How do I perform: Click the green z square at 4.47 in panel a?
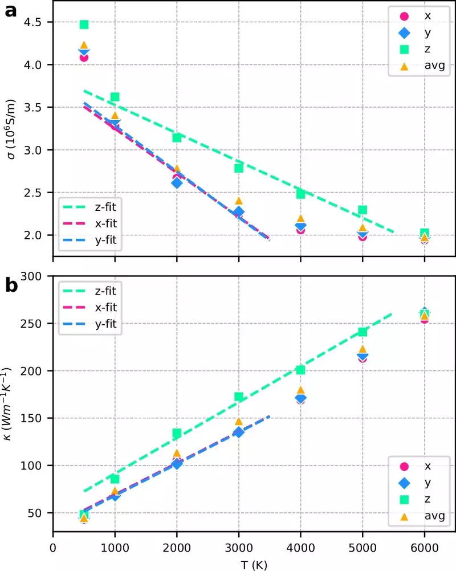pyautogui.click(x=84, y=25)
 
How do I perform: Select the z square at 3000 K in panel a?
pyautogui.click(x=239, y=168)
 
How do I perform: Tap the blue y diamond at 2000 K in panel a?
pyautogui.click(x=177, y=183)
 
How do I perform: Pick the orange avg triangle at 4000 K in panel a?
pyautogui.click(x=300, y=218)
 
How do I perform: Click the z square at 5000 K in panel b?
pyautogui.click(x=363, y=332)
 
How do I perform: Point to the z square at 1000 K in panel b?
pyautogui.click(x=115, y=479)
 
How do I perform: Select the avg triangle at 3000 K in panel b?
pyautogui.click(x=239, y=421)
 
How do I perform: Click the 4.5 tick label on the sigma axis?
pyautogui.click(x=33, y=22)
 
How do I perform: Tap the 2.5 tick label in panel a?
pyautogui.click(x=33, y=193)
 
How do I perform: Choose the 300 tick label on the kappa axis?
pyautogui.click(x=31, y=276)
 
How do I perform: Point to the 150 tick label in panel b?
pyautogui.click(x=31, y=418)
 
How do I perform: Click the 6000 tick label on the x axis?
pyautogui.click(x=424, y=548)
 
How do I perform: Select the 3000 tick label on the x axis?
pyautogui.click(x=239, y=548)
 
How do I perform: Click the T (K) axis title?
pyautogui.click(x=254, y=565)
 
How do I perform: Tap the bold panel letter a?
pyautogui.click(x=11, y=11)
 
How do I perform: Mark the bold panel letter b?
pyautogui.click(x=11, y=284)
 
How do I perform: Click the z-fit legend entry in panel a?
pyautogui.click(x=89, y=207)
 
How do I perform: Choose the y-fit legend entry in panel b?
pyautogui.click(x=89, y=324)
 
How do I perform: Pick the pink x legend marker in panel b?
pyautogui.click(x=404, y=467)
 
